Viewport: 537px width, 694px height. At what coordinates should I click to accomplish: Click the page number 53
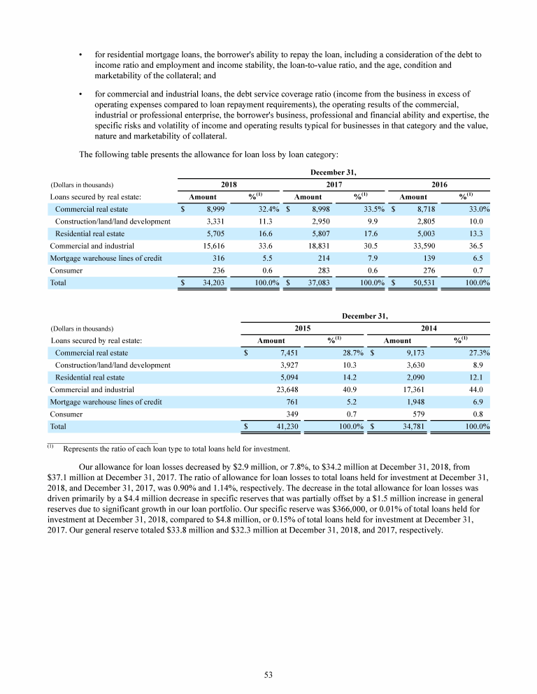point(268,674)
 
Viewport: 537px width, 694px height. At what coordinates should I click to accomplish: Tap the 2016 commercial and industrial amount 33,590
point(422,245)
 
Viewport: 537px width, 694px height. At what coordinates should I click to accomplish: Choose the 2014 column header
point(429,327)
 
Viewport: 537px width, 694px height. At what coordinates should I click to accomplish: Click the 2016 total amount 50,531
point(422,282)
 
